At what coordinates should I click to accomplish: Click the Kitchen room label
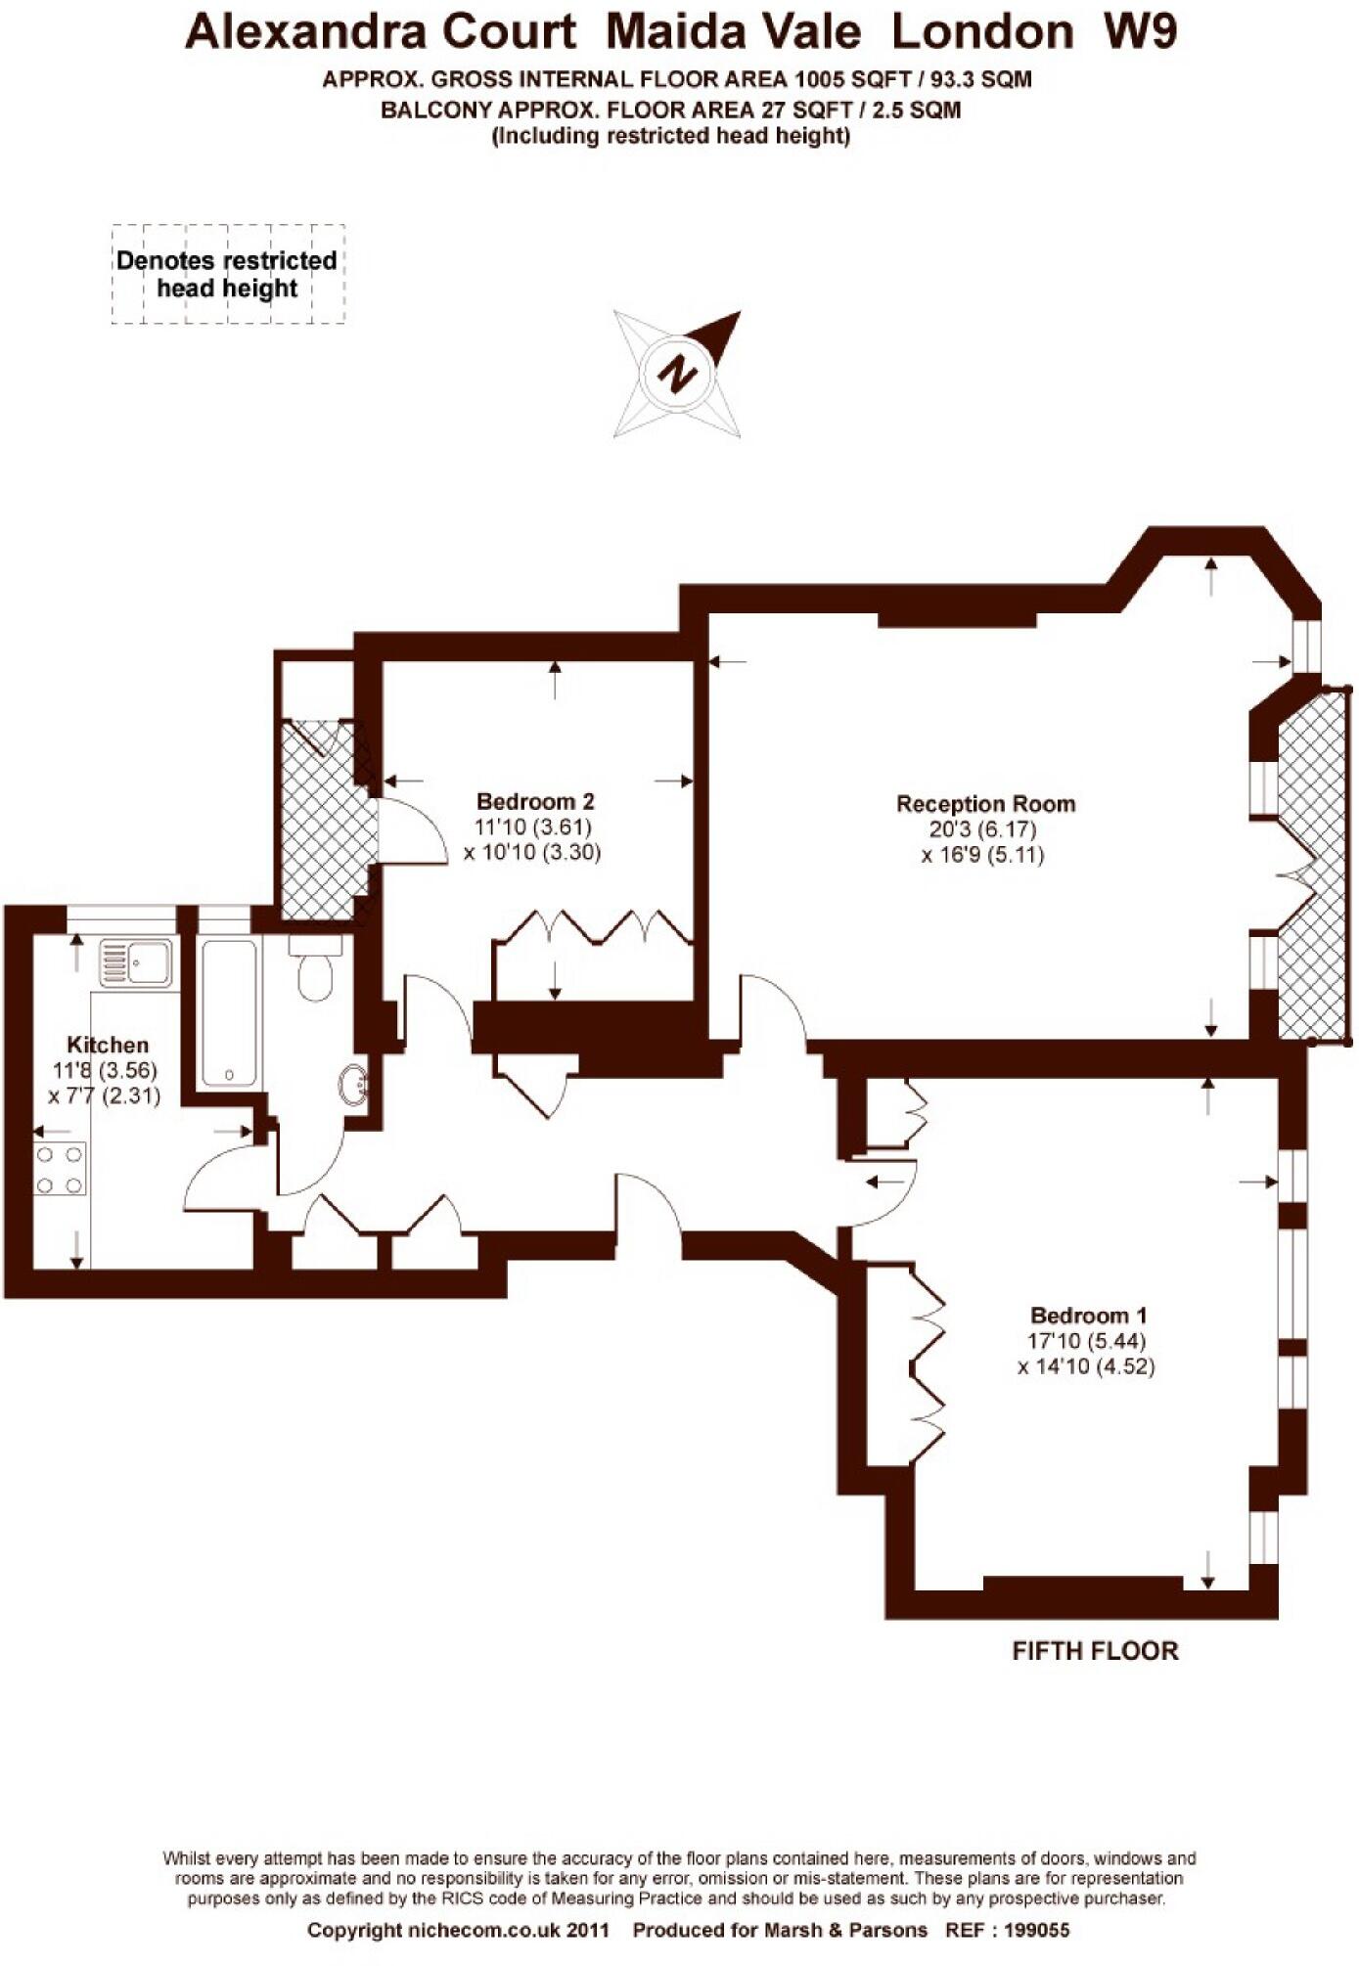tap(108, 1045)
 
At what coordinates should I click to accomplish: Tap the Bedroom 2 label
tap(535, 801)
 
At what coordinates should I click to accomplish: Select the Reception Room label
tap(985, 804)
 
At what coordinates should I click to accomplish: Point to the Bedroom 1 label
tap(1088, 1316)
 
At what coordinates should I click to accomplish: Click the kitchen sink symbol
tap(137, 961)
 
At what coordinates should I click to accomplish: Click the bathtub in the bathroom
tap(229, 1012)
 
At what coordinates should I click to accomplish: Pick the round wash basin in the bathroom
tap(354, 1084)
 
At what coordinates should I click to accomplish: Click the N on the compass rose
tap(676, 374)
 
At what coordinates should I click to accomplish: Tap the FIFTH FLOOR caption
tap(1095, 1651)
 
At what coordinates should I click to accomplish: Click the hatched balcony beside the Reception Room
tap(1313, 866)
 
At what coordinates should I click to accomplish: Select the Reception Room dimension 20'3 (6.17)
tap(985, 829)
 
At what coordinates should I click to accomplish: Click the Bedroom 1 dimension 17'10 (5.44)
tap(1086, 1341)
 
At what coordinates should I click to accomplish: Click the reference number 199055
tap(1037, 1930)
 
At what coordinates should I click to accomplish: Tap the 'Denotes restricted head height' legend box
tap(227, 274)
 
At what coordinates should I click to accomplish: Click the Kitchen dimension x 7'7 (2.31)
tap(105, 1096)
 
